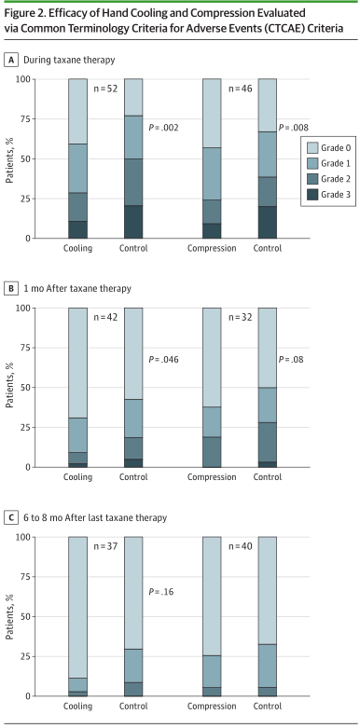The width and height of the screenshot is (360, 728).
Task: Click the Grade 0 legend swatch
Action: (x=312, y=148)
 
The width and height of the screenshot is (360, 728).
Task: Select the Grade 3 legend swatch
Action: (x=312, y=196)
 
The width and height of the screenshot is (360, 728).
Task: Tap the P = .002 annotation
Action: (x=163, y=128)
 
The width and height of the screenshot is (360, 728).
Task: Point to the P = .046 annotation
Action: (x=163, y=360)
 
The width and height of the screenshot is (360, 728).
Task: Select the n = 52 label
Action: (x=105, y=89)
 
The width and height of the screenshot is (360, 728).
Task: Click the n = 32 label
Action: (x=240, y=318)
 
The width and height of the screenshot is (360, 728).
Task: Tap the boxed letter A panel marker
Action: (x=11, y=60)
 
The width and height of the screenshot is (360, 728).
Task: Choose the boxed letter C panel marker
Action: (x=11, y=517)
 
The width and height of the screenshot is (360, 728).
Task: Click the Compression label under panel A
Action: (x=212, y=248)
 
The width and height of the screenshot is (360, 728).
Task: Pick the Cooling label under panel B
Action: (x=78, y=477)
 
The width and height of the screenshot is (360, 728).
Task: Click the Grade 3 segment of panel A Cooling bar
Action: (x=78, y=230)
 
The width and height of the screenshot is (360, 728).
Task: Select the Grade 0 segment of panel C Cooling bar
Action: (x=78, y=607)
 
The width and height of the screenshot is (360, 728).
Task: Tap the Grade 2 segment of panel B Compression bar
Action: (x=212, y=452)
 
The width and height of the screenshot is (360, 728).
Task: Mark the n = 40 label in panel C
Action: (x=240, y=546)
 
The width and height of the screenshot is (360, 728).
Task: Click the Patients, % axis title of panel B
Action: (x=9, y=387)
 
